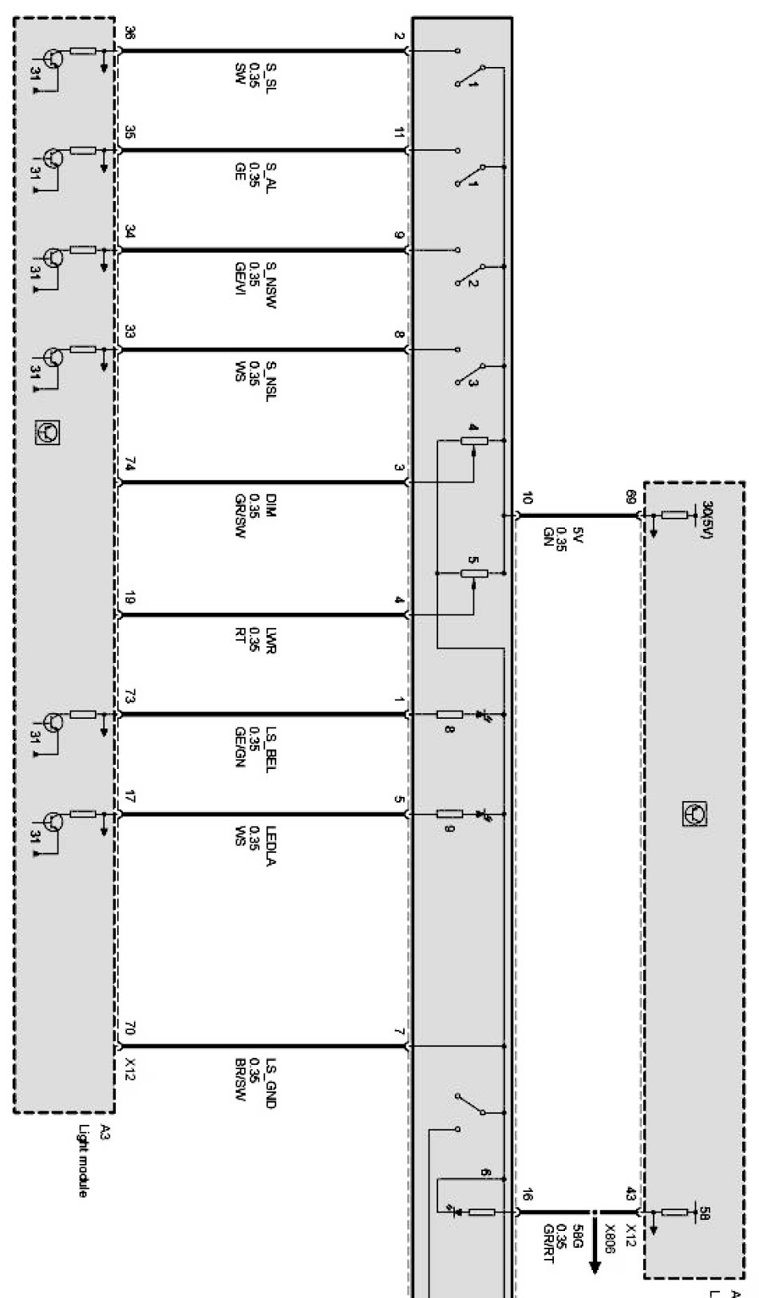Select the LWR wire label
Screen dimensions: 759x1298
click(x=271, y=638)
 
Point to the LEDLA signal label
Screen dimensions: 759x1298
click(x=271, y=846)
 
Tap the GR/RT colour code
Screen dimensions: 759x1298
click(x=548, y=1241)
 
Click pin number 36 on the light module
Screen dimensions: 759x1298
click(x=130, y=34)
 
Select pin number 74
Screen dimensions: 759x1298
click(x=130, y=466)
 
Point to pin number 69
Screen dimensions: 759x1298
click(x=631, y=498)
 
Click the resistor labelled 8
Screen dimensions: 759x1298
click(x=450, y=714)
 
